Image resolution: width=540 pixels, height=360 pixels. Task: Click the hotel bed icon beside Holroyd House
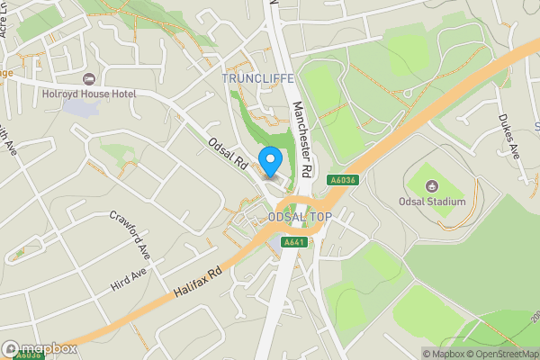[88, 79]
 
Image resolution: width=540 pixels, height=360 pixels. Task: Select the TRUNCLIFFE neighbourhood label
[258, 78]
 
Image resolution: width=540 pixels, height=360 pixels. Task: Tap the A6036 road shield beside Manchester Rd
[337, 179]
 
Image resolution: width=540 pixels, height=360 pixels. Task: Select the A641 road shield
[294, 241]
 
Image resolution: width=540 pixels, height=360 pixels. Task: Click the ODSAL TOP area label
[300, 218]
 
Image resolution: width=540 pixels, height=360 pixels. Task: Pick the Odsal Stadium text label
[433, 201]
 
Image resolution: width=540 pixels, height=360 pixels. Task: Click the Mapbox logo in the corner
[39, 348]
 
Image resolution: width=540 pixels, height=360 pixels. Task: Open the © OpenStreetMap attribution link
[503, 354]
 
